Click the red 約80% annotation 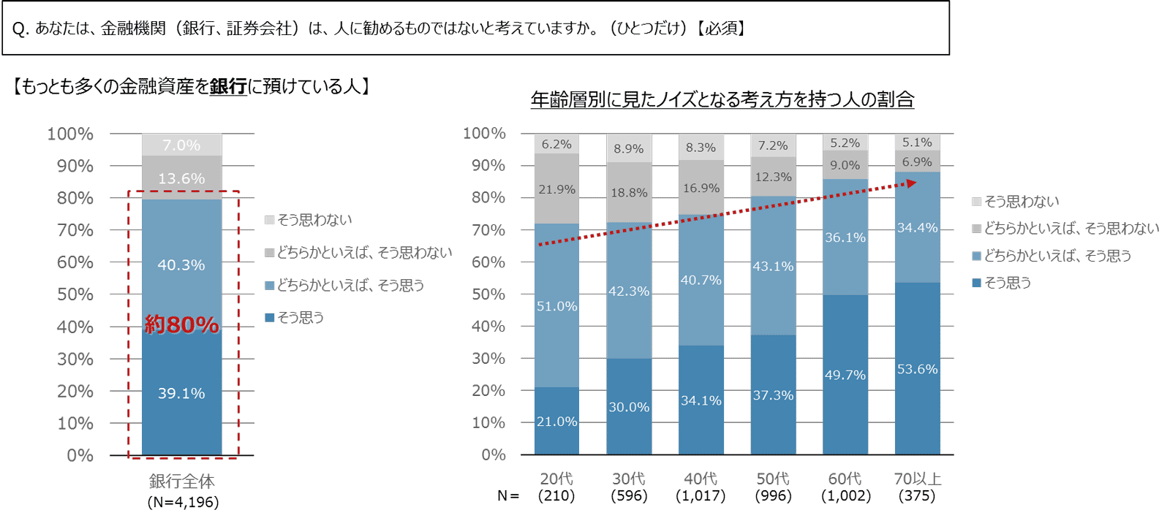[x=181, y=324]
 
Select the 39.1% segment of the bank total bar [x=181, y=393]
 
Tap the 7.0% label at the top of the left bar [x=181, y=145]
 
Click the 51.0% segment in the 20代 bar [x=556, y=306]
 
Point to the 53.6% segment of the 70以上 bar [x=917, y=369]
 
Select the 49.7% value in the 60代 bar [x=845, y=375]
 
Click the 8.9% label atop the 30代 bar [x=628, y=148]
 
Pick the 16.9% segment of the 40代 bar [x=701, y=188]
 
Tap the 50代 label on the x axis [x=773, y=479]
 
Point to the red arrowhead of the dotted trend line [x=911, y=183]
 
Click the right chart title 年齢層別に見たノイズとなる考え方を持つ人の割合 [x=722, y=99]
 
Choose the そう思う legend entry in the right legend [x=1007, y=283]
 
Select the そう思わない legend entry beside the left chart [x=314, y=220]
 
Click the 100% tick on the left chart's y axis [x=70, y=134]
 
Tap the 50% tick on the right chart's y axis [x=488, y=294]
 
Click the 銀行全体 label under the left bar [x=181, y=481]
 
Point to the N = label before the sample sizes [x=508, y=495]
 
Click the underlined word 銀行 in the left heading [x=228, y=86]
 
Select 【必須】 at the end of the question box [x=720, y=28]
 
